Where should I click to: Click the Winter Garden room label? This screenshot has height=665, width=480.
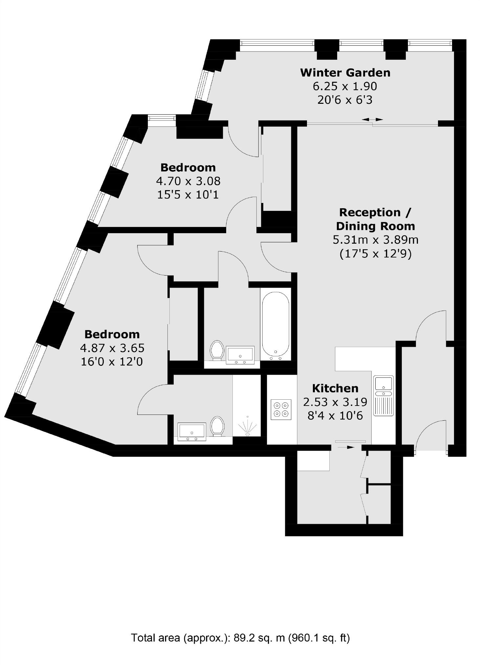345,73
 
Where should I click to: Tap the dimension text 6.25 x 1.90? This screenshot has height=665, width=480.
345,86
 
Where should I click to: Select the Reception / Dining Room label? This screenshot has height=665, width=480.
375,219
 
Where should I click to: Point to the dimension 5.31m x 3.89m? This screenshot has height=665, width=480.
376,240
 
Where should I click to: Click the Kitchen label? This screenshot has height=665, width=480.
335,388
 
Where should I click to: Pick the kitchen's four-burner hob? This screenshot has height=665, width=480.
281,409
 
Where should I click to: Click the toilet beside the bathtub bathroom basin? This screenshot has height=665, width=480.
217,350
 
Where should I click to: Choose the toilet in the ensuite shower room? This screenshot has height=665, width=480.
217,426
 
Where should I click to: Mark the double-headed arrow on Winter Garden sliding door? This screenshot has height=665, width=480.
372,120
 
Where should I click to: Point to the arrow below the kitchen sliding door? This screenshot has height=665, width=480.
346,447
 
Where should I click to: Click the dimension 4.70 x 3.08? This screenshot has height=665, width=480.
188,181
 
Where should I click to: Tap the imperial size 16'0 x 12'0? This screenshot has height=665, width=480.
112,362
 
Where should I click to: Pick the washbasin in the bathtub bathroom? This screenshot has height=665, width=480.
240,355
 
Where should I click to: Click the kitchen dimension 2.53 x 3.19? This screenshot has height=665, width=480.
335,402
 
